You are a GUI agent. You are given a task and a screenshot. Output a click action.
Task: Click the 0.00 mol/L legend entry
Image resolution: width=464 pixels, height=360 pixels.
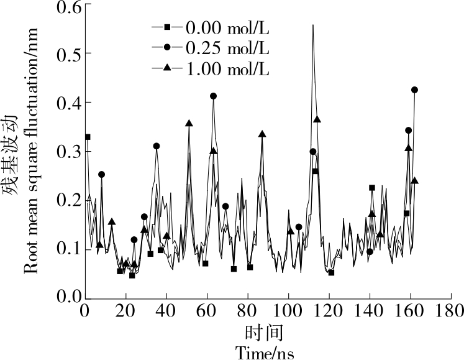tap(211, 28)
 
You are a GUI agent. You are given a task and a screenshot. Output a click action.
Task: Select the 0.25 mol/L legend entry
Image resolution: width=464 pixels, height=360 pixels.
tap(211, 48)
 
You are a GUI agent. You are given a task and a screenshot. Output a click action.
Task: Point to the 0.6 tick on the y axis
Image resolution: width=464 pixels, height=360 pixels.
tap(66, 7)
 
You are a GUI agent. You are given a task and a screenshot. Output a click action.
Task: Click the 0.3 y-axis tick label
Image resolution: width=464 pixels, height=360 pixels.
tap(66, 151)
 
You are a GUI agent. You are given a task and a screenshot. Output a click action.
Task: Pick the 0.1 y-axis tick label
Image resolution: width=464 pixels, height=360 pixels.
tap(66, 249)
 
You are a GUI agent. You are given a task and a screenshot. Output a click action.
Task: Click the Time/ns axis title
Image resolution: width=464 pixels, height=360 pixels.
tap(264, 353)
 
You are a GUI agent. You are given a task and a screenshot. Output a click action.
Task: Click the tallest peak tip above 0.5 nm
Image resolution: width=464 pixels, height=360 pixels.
tap(313, 25)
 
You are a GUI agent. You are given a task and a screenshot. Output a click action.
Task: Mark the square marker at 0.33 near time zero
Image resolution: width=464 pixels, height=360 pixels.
tap(88, 137)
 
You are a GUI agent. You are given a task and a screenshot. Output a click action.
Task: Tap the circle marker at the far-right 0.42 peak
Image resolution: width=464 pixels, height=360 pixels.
tap(415, 90)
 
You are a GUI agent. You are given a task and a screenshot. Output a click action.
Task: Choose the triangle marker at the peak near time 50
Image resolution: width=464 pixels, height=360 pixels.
tap(189, 123)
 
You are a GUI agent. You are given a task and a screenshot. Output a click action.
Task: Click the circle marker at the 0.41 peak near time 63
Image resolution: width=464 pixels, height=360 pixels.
tap(214, 96)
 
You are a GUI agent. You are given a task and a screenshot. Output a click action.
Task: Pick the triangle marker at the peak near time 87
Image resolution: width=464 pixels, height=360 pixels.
tap(262, 134)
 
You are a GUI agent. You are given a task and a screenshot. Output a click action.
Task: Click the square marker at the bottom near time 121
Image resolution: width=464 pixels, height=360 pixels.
tap(331, 272)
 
